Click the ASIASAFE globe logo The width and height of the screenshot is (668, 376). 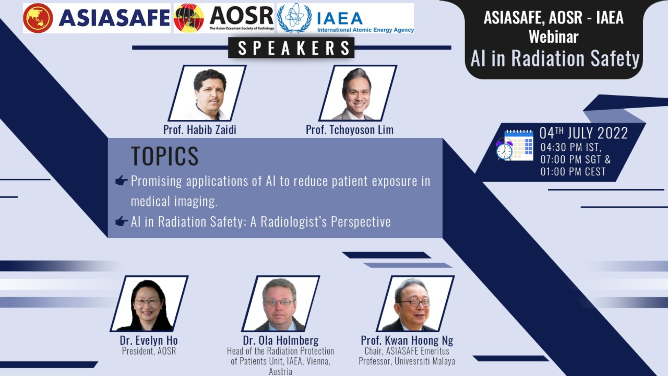click(x=38, y=18)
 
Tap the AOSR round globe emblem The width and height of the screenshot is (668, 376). click(x=189, y=18)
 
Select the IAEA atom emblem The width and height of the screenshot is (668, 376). click(x=295, y=18)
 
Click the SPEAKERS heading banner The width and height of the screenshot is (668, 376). click(x=291, y=48)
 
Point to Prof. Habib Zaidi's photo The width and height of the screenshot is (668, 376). click(x=207, y=93)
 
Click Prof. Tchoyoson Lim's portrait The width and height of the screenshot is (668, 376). click(x=358, y=93)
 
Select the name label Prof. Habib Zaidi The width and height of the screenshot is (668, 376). click(x=200, y=130)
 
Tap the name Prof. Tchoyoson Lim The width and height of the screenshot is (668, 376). click(x=350, y=130)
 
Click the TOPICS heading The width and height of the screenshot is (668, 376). click(x=165, y=156)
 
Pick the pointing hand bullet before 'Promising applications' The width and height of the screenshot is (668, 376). click(x=121, y=180)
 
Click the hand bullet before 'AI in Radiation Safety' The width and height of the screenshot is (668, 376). click(x=121, y=221)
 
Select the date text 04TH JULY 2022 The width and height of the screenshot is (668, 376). click(x=583, y=133)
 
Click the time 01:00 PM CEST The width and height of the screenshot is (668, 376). click(x=573, y=172)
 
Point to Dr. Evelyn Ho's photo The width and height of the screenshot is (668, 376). click(x=149, y=304)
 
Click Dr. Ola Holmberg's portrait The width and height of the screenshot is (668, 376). click(x=281, y=304)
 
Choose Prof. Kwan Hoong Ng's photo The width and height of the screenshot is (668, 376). click(x=415, y=304)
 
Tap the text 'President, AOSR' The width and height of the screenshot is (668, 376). click(x=149, y=351)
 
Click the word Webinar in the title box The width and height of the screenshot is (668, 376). click(x=554, y=37)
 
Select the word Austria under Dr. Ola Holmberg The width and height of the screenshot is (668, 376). click(x=280, y=371)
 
